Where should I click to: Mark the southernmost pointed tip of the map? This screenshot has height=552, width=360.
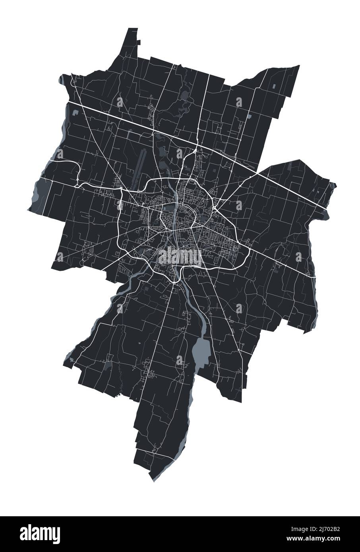tap(154, 482)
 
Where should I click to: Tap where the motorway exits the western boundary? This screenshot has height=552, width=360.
tap(68, 102)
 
